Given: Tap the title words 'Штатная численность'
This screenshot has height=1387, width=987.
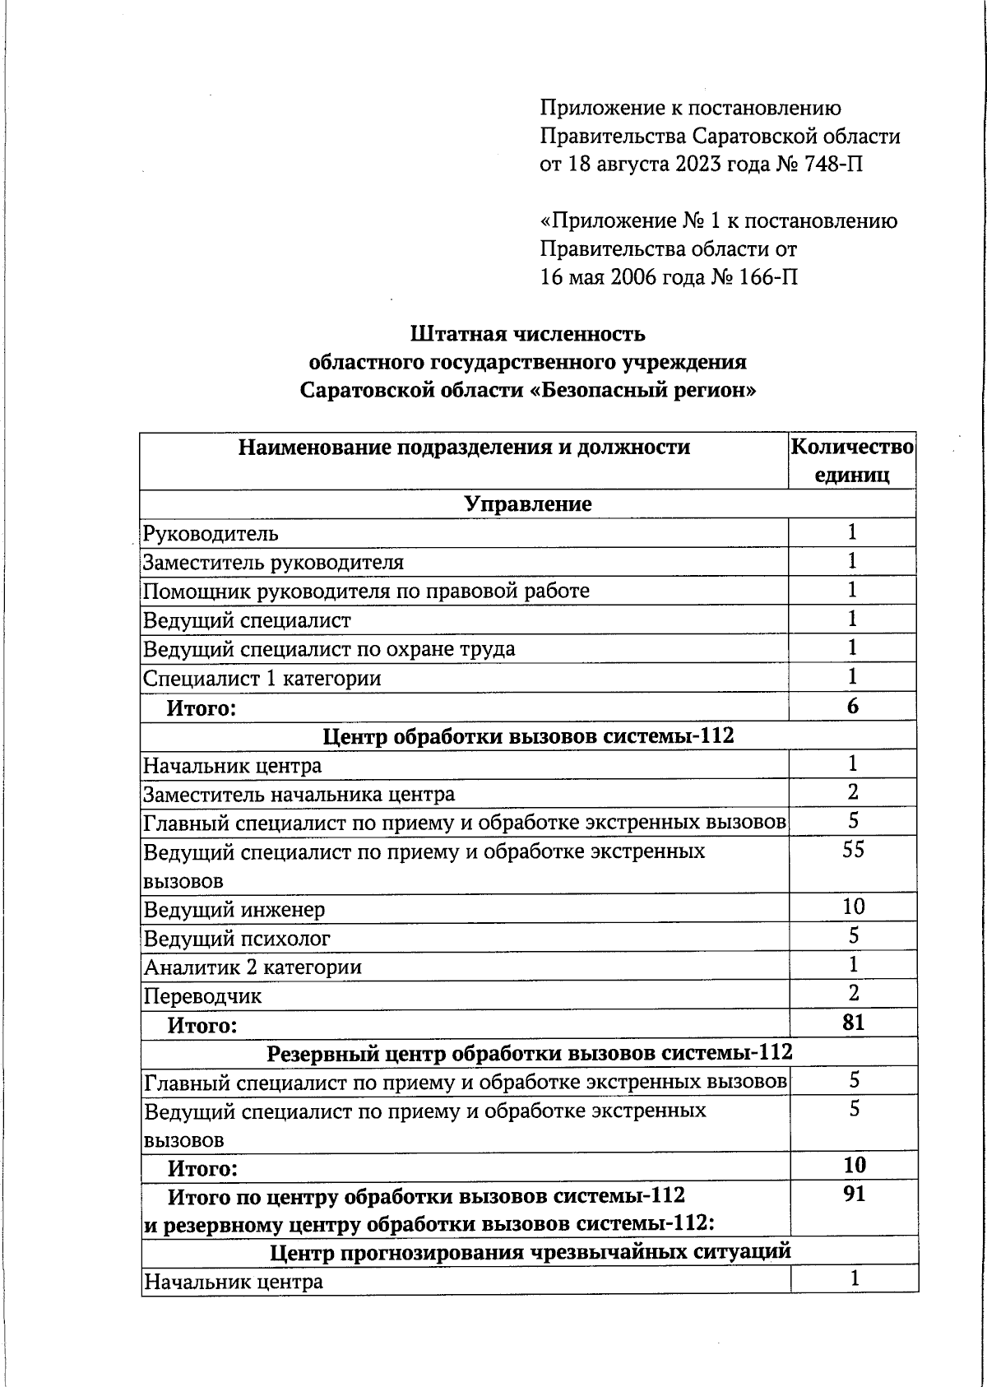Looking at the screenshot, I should point(527,334).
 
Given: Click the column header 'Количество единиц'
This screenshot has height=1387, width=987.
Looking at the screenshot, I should point(851,461).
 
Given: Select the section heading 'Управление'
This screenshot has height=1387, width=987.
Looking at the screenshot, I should point(527,503).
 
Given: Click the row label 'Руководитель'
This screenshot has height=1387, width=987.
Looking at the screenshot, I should point(211,534).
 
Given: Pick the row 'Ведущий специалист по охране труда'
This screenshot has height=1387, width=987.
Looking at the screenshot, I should point(329,649).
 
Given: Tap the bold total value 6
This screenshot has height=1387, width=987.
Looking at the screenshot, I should point(852,706).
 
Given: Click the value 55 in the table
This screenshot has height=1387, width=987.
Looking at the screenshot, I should point(853,850).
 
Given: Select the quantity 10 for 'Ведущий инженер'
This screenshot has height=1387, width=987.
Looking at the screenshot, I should point(853,907).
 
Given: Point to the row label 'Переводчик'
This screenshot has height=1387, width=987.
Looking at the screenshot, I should point(202,996).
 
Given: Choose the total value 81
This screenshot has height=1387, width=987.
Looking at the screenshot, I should point(853,1023).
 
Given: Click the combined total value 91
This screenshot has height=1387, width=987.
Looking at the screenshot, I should point(854,1194).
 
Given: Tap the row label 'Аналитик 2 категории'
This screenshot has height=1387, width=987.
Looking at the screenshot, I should point(253,967).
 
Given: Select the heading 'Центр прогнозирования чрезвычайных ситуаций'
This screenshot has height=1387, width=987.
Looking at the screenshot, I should point(530,1251).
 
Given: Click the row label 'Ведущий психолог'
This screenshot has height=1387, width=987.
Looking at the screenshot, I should point(237,938).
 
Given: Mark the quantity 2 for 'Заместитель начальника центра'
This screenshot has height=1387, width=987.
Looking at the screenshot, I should point(853,792).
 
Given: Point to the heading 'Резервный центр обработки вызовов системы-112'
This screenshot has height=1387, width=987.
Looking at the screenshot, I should point(530,1052).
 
